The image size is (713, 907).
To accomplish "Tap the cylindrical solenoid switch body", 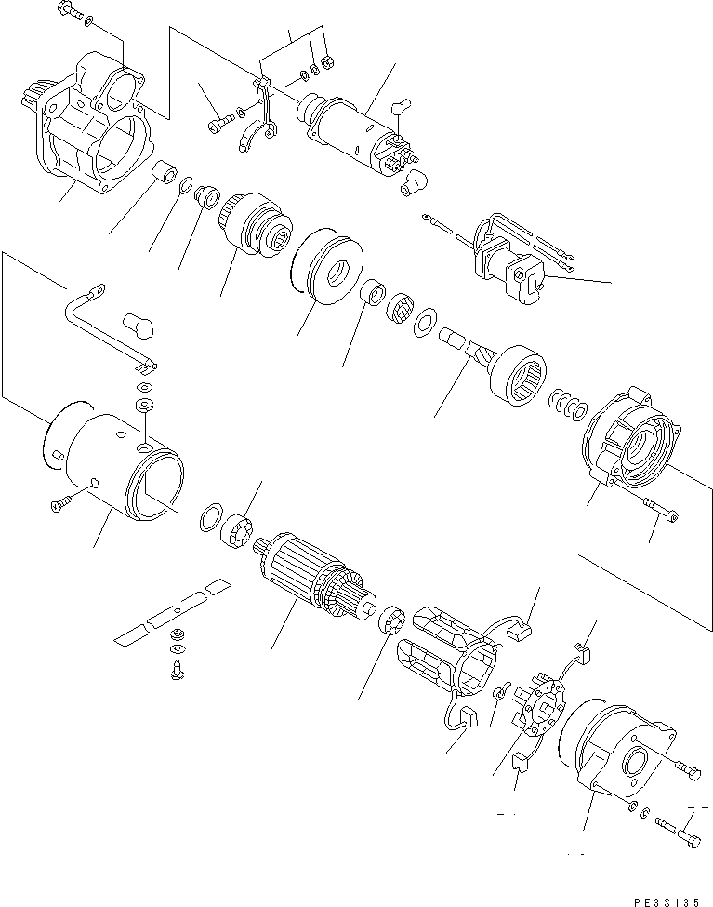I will tap(354, 129).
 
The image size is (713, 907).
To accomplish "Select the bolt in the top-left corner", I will tap(71, 12).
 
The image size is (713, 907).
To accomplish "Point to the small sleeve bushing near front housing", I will tap(165, 175).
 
